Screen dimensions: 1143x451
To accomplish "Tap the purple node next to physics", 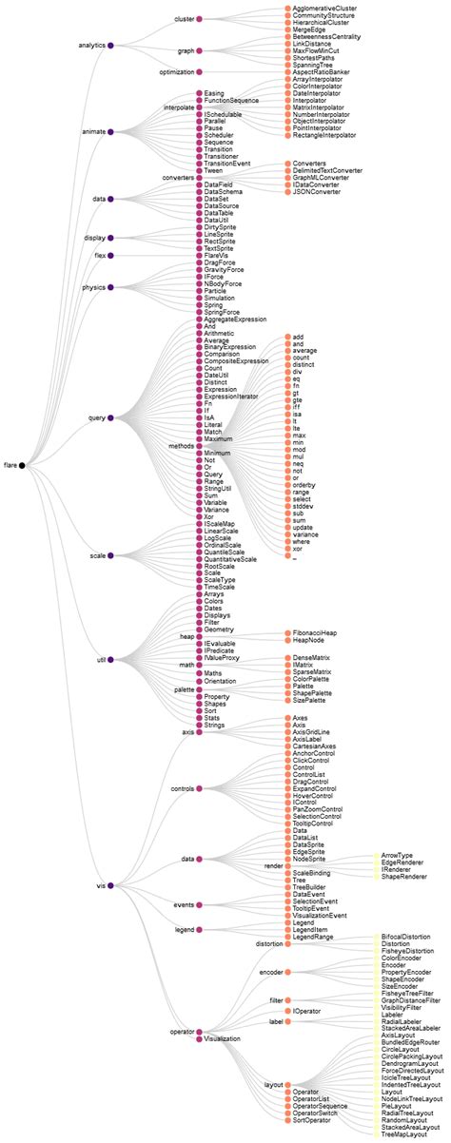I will tap(111, 286).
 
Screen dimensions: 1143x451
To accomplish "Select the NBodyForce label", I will tap(225, 281).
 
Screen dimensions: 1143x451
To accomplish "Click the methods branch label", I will tap(181, 445).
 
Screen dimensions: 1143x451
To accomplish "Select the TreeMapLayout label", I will tap(404, 1135).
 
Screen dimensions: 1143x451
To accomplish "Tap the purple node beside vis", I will tap(111, 885).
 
